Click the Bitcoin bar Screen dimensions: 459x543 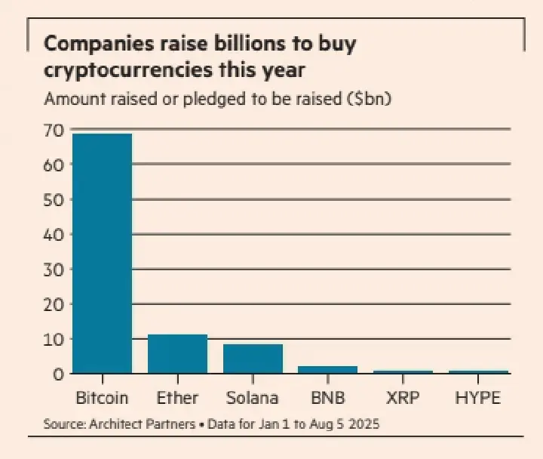point(102,253)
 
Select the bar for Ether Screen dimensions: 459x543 point(177,353)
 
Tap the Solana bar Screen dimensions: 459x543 point(253,359)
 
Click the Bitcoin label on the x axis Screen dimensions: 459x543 point(102,397)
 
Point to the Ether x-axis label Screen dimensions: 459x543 point(177,397)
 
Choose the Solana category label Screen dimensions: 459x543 point(253,397)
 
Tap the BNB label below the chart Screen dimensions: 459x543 point(328,397)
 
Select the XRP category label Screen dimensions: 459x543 point(403,397)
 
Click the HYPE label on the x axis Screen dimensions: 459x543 point(478,397)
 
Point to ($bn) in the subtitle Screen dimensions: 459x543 point(371,99)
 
